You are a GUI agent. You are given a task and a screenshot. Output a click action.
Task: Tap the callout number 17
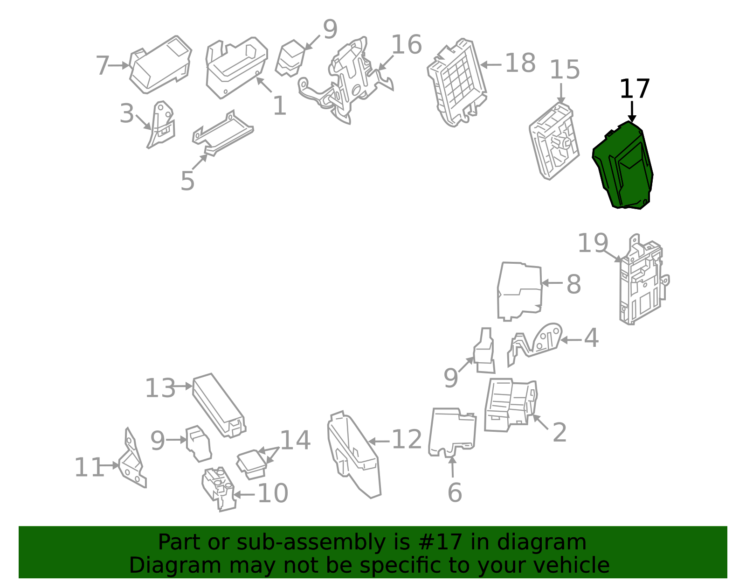[635, 89]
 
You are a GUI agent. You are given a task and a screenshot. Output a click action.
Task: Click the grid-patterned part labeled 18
[456, 83]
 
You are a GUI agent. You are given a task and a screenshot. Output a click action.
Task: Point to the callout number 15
[565, 70]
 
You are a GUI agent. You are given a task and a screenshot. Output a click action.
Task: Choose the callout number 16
[407, 45]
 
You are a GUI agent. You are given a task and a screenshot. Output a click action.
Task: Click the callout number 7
[102, 66]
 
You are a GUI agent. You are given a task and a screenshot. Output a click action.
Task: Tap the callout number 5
[187, 181]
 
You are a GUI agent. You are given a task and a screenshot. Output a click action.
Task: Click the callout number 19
[593, 243]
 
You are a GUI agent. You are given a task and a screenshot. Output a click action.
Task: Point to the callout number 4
[591, 338]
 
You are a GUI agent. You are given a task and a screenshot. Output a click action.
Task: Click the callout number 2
[559, 433]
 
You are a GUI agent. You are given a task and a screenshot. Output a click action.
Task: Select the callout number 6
[455, 492]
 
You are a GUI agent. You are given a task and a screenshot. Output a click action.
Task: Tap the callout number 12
[407, 439]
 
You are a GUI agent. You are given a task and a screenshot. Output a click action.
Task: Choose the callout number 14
[296, 440]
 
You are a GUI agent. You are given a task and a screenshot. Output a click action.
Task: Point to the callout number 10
[273, 493]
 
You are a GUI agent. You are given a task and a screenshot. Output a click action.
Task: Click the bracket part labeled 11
[132, 458]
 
